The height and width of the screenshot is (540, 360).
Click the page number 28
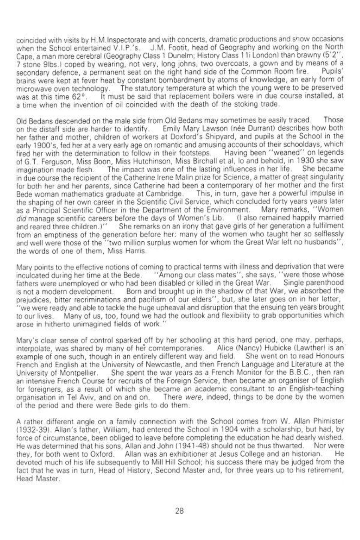(179, 510)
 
